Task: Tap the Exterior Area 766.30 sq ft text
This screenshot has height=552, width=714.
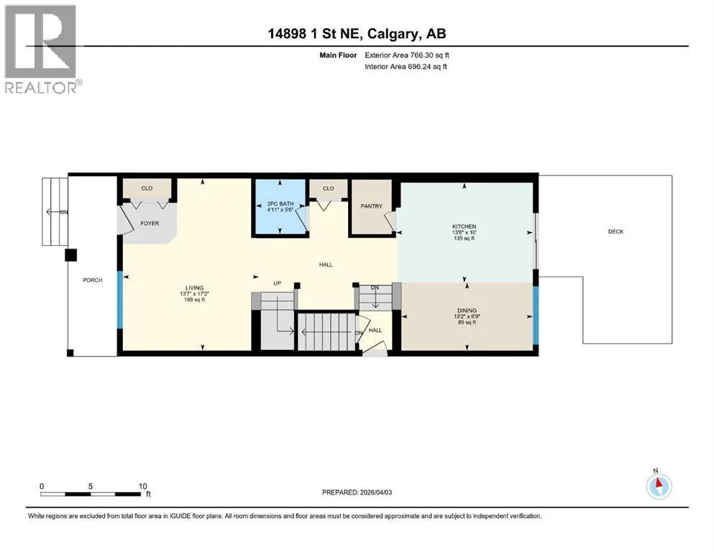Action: [x=407, y=55]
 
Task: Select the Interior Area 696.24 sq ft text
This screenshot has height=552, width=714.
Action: [x=406, y=66]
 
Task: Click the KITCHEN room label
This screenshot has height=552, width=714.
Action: [x=464, y=226]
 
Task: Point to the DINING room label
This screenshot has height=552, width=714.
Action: [x=467, y=310]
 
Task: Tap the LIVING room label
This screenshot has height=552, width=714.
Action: [x=194, y=287]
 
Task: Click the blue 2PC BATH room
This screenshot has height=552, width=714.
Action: [x=280, y=206]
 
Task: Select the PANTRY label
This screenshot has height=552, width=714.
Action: [x=372, y=206]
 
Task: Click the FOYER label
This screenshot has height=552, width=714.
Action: [x=150, y=224]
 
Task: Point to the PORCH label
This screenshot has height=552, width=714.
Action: [x=93, y=280]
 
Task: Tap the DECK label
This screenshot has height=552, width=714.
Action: [x=615, y=231]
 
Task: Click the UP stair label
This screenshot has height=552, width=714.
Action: [x=278, y=283]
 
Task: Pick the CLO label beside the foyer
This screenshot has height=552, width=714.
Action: [x=147, y=188]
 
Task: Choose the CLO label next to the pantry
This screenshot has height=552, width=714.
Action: [x=329, y=188]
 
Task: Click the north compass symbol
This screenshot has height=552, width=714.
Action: [x=659, y=486]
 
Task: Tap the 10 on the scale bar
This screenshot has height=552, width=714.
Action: [x=142, y=486]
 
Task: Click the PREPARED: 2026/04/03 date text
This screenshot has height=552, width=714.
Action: [x=357, y=492]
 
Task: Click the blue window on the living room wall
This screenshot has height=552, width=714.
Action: [x=120, y=300]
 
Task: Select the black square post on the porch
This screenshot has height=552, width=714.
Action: [x=70, y=255]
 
